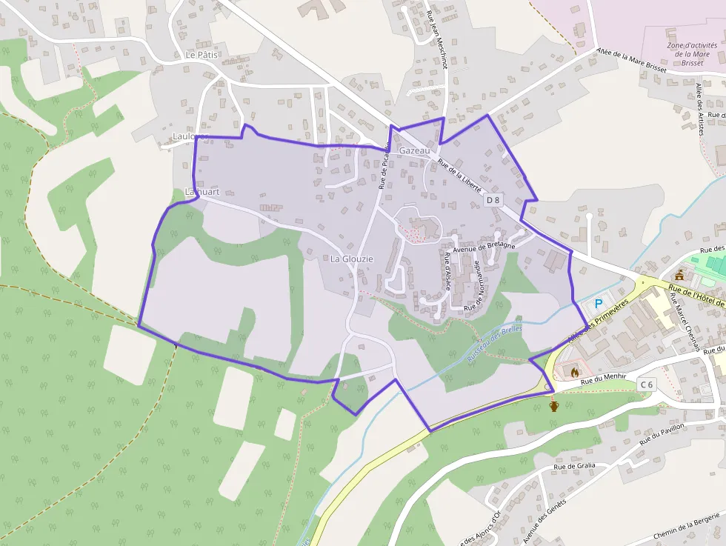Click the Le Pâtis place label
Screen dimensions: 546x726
pyautogui.click(x=202, y=55)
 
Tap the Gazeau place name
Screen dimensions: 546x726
pyautogui.click(x=414, y=150)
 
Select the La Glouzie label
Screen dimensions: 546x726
pyautogui.click(x=352, y=259)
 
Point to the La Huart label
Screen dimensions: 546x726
pyautogui.click(x=202, y=192)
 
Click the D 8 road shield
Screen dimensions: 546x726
pyautogui.click(x=493, y=200)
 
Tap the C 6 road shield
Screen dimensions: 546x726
pyautogui.click(x=647, y=384)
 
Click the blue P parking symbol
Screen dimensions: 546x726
pyautogui.click(x=599, y=303)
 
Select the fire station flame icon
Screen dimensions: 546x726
pyautogui.click(x=573, y=373)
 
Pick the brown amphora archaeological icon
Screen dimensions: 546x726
pyautogui.click(x=553, y=405)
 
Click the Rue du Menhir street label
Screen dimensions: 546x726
pyautogui.click(x=603, y=379)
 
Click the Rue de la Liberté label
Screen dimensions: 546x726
pyautogui.click(x=460, y=176)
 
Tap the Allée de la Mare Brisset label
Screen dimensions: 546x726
pyautogui.click(x=631, y=61)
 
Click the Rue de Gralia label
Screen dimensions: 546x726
pyautogui.click(x=574, y=466)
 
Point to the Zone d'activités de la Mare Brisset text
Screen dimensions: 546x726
pyautogui.click(x=687, y=53)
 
